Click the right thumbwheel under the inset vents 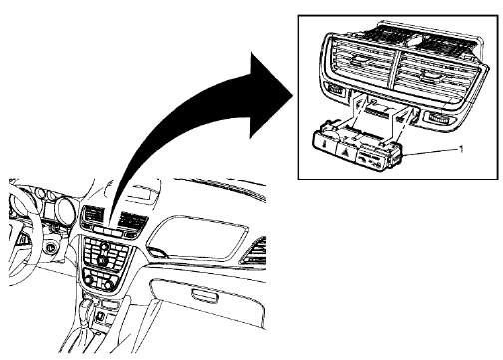click(438, 121)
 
